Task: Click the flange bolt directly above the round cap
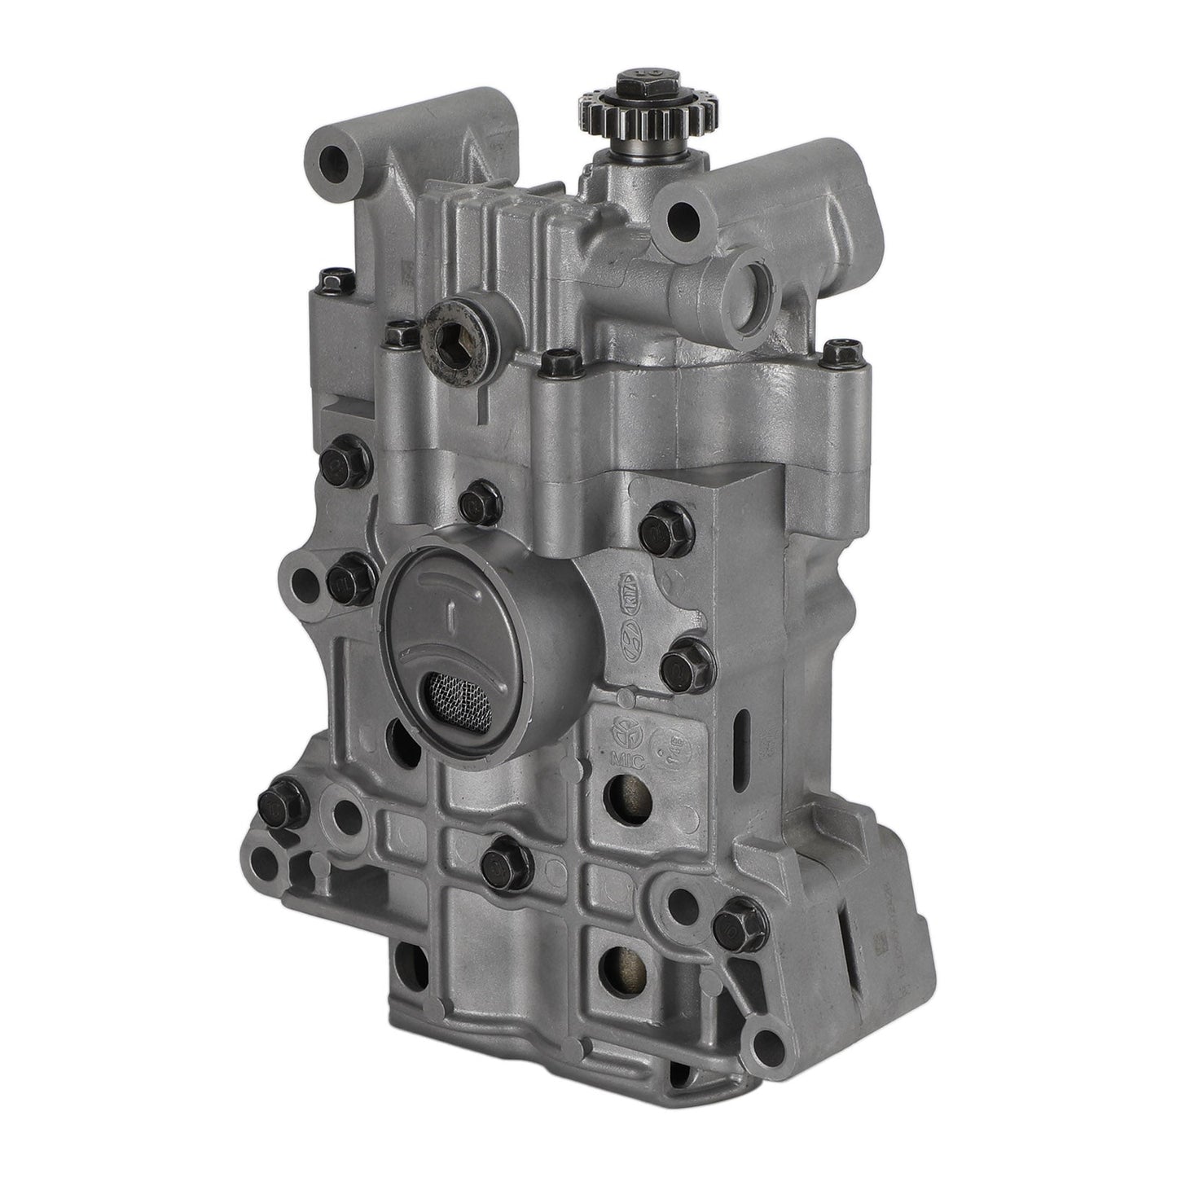click(477, 503)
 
